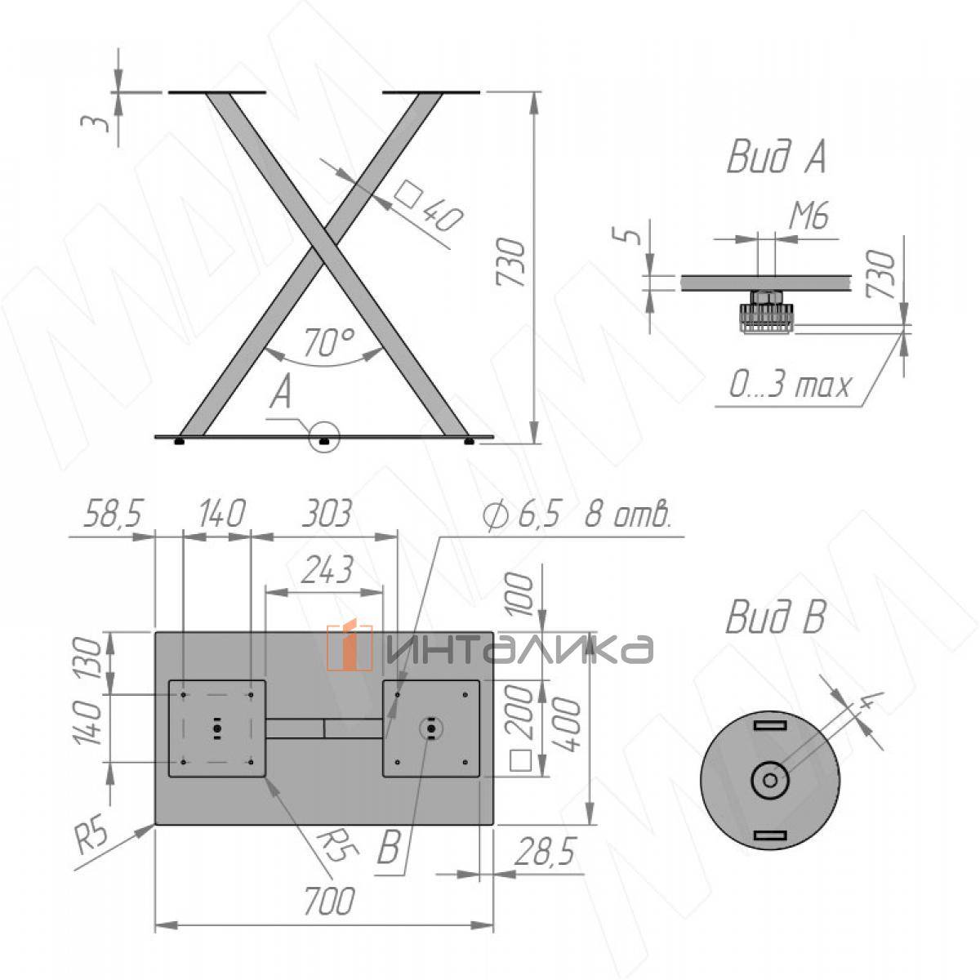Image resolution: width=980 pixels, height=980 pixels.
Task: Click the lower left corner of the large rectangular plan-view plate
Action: [x=155, y=824]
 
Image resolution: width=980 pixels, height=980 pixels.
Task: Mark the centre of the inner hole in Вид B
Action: [x=770, y=781]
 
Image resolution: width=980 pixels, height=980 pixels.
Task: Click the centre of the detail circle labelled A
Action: [x=323, y=435]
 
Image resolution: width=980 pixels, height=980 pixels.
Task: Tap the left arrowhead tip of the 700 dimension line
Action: [x=155, y=924]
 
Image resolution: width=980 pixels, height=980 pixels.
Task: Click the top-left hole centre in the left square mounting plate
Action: [x=184, y=694]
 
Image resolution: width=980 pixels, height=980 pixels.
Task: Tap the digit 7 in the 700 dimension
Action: [x=314, y=901]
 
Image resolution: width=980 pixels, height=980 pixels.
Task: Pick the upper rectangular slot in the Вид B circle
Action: [x=770, y=724]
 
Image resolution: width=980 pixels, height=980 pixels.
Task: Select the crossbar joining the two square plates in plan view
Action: [x=323, y=728]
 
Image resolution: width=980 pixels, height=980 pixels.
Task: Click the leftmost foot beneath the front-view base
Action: [x=179, y=442]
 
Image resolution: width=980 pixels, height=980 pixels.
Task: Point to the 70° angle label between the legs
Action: [x=329, y=341]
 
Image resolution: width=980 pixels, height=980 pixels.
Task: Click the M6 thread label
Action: [x=808, y=215]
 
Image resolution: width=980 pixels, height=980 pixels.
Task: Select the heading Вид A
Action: [x=776, y=157]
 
